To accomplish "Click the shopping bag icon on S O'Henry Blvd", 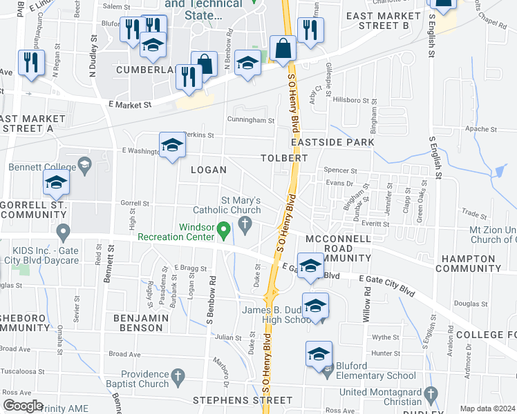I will tap(283, 48).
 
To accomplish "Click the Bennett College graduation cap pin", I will tap(84, 164).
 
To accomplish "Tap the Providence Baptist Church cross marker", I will tap(178, 377).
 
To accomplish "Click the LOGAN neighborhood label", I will tap(208, 170).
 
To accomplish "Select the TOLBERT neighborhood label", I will tap(284, 158).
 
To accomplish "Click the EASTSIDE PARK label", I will tap(332, 142).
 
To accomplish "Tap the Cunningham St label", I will tap(252, 120).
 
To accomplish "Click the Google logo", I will tap(23, 406).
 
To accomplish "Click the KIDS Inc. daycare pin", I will tap(63, 230).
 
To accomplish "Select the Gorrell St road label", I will tap(135, 204).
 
